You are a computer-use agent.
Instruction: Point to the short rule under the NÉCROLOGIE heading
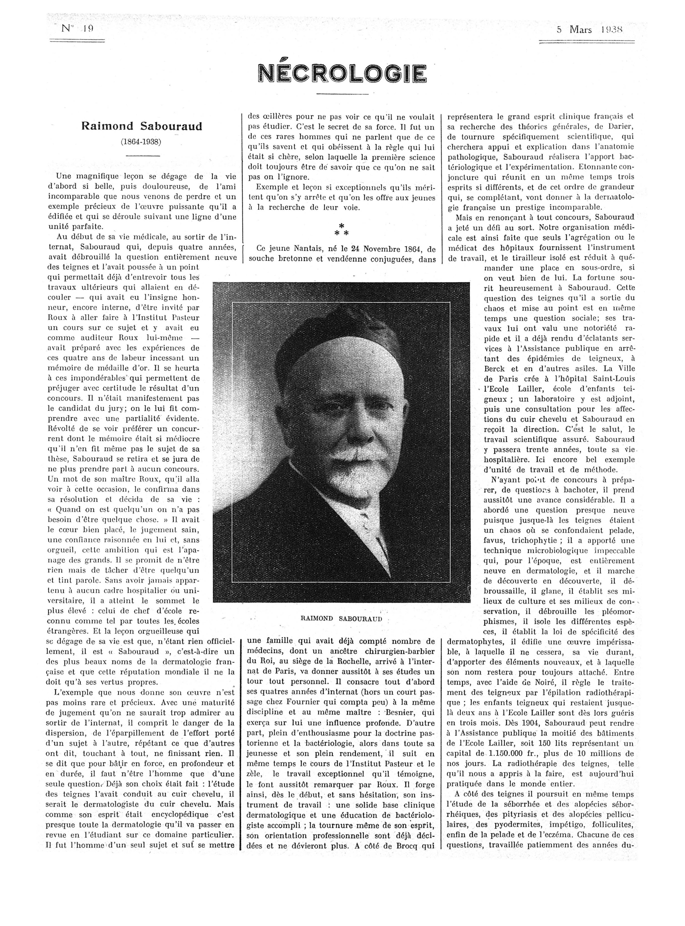342,94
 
